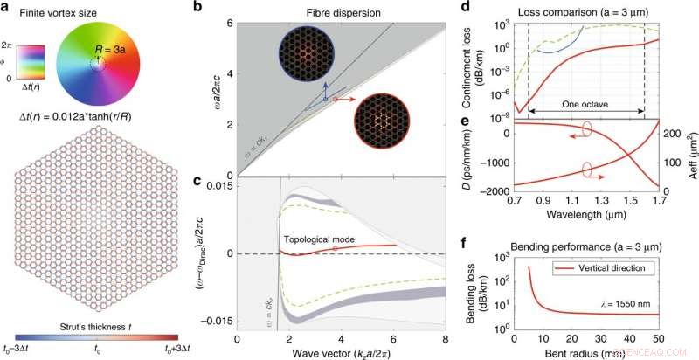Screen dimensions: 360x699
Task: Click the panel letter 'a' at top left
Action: click(5, 8)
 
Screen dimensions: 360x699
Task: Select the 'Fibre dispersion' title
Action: click(343, 15)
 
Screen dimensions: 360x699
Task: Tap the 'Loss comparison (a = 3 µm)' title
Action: click(579, 14)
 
